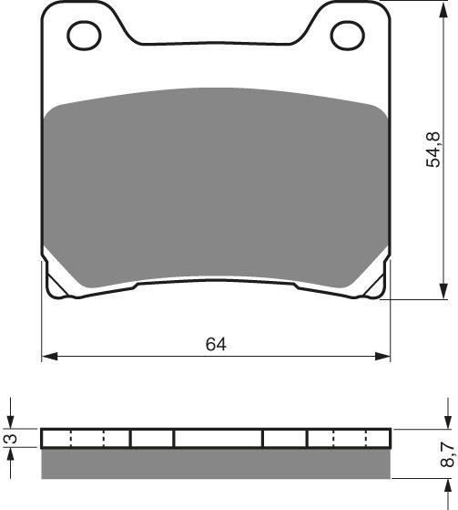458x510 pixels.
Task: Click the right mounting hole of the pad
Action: click(x=347, y=36)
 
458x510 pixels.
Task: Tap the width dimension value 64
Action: click(x=216, y=344)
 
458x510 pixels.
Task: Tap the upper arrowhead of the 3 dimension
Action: click(x=11, y=422)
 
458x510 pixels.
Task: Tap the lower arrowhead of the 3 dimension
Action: click(x=11, y=453)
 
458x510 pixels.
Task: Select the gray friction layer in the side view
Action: click(x=216, y=463)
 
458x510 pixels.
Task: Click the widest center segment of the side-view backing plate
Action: click(x=218, y=438)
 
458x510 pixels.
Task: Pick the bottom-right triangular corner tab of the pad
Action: click(x=373, y=284)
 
